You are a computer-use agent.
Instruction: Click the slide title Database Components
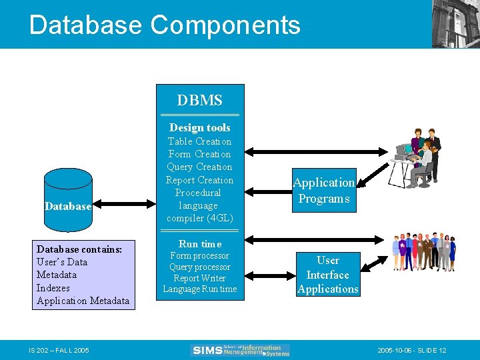coord(165,25)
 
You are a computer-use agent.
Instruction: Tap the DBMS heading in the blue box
coord(199,101)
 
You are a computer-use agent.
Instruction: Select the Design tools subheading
coord(199,127)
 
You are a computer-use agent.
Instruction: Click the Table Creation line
coord(199,141)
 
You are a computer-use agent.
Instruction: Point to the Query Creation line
coord(199,167)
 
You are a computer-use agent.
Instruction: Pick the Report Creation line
coord(199,180)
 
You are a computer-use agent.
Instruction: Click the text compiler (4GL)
coord(199,218)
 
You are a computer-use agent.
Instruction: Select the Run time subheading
coord(199,244)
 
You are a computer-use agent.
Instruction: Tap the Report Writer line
coord(199,278)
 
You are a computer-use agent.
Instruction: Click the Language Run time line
coord(199,289)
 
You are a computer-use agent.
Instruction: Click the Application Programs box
coord(324,191)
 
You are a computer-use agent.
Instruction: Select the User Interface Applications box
coord(327,274)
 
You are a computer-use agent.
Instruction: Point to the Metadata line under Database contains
coord(57,275)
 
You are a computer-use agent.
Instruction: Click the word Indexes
coord(53,288)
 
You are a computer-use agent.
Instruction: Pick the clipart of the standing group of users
coord(424,252)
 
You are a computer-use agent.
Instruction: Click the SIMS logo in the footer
coord(241,350)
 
